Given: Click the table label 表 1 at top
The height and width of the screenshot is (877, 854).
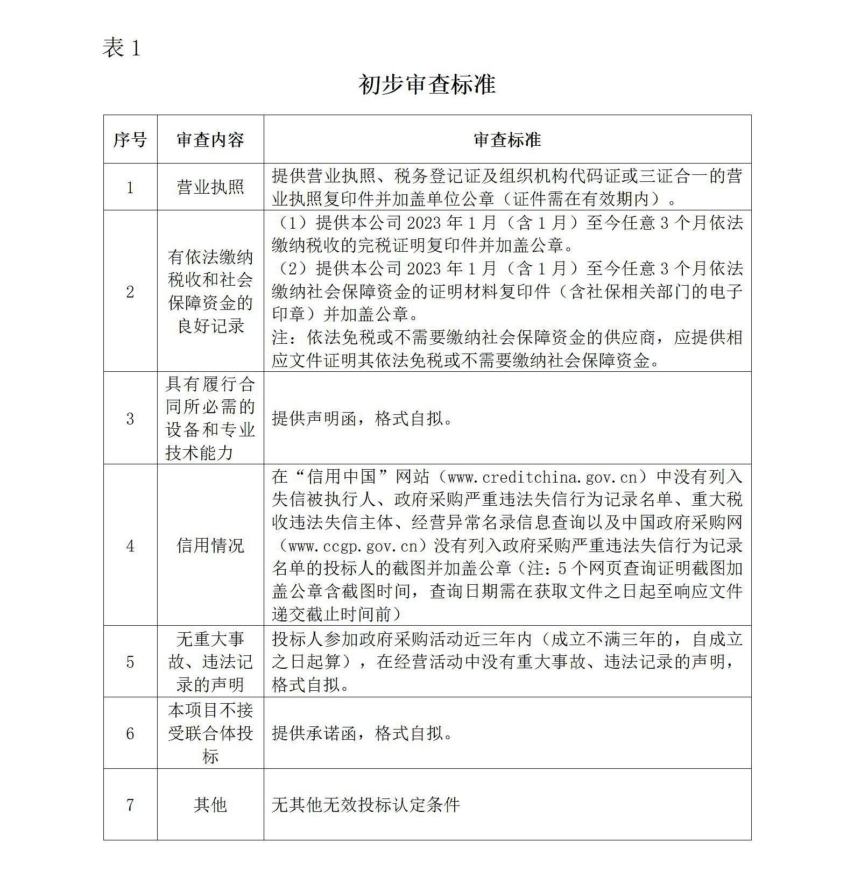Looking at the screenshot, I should point(122,48).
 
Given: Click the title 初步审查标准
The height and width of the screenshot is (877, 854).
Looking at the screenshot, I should point(427,84).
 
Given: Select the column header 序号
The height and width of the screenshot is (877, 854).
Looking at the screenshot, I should point(130,140).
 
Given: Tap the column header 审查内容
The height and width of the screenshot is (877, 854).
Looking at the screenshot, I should point(210,140).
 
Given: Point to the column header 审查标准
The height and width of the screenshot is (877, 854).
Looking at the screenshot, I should point(507,140).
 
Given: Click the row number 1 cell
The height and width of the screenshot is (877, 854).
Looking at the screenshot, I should point(130,187).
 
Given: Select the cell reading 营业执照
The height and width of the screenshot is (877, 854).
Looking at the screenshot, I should point(210,187).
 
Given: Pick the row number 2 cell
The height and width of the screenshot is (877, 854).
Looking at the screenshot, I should point(130,292).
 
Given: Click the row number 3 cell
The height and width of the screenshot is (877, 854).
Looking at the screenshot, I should point(130,419).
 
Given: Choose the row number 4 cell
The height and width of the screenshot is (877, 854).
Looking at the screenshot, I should point(130,546).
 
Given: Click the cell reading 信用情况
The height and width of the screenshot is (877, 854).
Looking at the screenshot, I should point(210,546).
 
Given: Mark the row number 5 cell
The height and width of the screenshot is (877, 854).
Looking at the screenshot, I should point(130,662).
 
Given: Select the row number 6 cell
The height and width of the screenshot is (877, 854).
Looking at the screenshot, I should point(130,733).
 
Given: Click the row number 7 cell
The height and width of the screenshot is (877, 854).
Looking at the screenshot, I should point(130,805).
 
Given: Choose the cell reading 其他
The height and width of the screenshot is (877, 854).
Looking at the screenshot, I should point(210,805).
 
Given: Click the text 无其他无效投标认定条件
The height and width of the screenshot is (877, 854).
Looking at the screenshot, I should point(366,805).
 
